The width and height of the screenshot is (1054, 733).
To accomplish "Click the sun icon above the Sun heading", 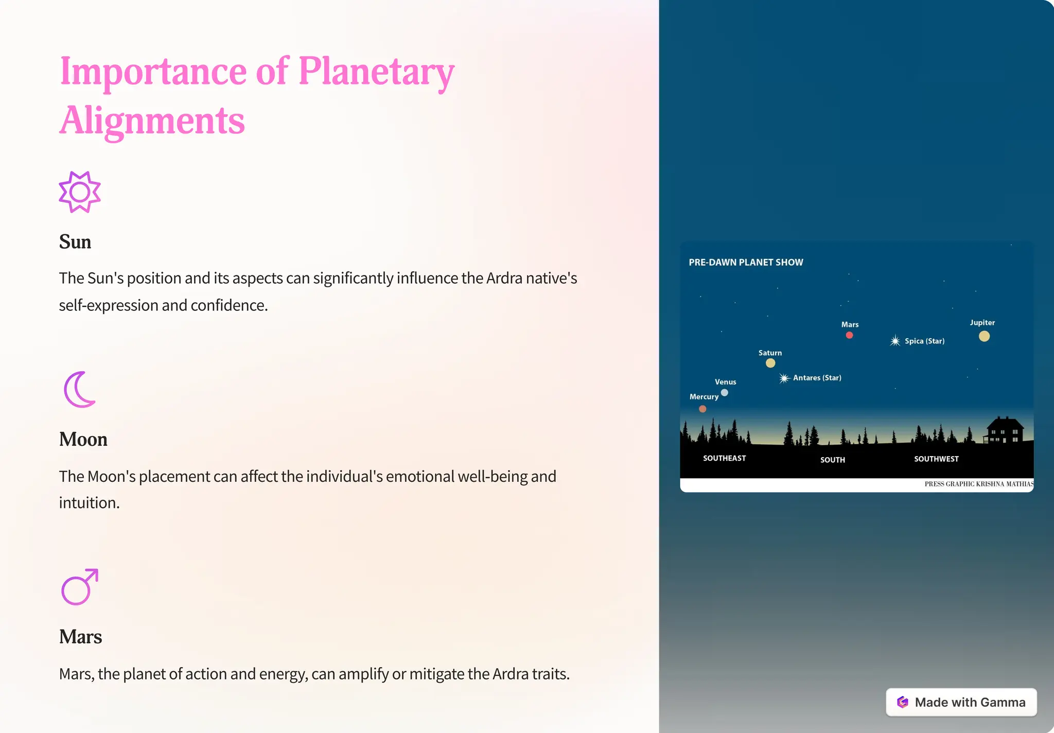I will point(80,192).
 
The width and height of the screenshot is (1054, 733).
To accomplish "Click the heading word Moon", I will point(83,440).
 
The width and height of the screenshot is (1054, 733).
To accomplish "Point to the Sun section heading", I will point(75,242).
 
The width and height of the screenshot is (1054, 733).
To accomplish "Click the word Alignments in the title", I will point(152,120).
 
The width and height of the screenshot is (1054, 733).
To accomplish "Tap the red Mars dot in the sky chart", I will point(849,335).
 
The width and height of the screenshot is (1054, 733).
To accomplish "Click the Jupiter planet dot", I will point(984,336).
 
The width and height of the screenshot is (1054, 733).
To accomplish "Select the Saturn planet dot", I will point(770,363).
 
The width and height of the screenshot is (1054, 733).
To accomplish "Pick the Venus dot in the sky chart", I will point(725,392).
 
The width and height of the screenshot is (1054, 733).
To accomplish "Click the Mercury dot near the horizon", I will point(702,409).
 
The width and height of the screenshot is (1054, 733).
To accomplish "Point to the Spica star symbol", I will point(895,341).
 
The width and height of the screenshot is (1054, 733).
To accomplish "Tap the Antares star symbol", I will point(784,378).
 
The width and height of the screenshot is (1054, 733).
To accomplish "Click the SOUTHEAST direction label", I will point(724,458).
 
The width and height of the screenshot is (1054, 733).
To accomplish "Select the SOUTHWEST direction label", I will point(936,459).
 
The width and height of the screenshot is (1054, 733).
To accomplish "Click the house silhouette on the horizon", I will point(1004,430).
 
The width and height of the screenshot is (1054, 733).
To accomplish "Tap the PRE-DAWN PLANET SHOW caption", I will point(746,263).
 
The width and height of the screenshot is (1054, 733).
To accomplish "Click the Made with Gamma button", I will point(961,702).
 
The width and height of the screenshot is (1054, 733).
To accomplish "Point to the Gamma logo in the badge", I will point(903,702).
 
